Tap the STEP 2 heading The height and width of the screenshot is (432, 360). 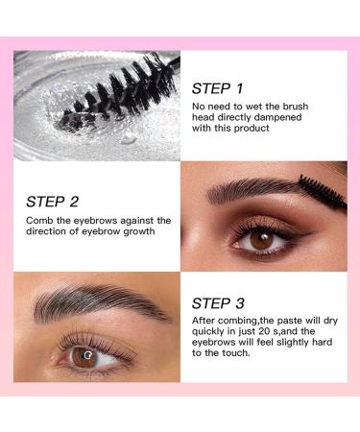[x=54, y=203]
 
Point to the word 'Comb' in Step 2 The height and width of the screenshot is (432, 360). [x=41, y=221]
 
